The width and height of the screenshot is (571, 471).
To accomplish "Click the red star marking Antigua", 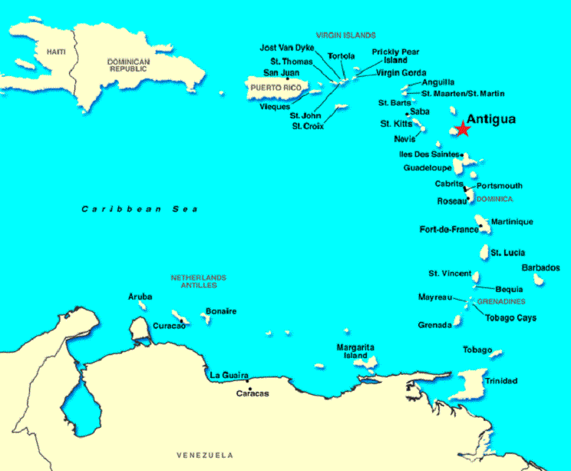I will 462,129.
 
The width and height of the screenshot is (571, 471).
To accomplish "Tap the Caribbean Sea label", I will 140,209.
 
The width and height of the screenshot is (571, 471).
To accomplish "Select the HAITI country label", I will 56,51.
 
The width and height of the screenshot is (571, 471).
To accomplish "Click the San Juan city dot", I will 287,79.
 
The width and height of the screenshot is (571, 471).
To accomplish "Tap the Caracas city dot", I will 250,388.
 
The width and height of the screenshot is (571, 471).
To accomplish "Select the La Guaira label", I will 229,375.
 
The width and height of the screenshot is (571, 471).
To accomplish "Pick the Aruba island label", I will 140,297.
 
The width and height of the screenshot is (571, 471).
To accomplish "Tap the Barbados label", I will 540,268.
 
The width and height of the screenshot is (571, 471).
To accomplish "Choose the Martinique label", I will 512,222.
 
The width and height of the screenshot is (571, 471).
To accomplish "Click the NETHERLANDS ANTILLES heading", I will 199,281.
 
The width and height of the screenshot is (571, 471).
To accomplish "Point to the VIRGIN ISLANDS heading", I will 345,35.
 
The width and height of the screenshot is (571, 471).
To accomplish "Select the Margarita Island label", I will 357,352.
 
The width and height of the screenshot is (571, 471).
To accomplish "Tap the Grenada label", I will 434,325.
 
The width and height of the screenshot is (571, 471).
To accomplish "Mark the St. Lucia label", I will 508,252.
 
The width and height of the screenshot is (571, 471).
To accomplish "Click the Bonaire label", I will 220,311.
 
